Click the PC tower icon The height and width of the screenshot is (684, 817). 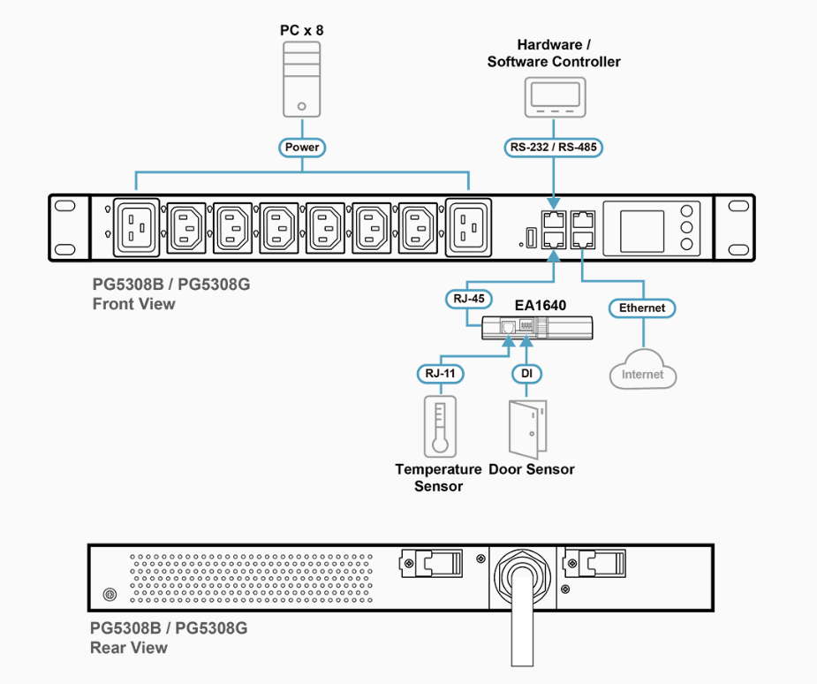[302, 80]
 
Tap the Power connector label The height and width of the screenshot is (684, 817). [302, 148]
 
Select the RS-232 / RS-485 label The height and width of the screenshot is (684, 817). [553, 148]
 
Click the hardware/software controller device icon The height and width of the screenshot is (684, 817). [555, 97]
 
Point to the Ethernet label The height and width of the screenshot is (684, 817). [642, 308]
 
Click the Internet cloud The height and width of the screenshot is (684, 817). [643, 369]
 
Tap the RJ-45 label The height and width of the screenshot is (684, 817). [469, 299]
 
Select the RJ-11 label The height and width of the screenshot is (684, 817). [440, 374]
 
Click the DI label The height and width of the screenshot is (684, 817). [526, 374]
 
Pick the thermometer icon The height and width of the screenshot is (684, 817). [440, 427]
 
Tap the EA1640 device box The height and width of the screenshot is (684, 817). [537, 328]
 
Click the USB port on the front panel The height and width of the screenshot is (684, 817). [531, 238]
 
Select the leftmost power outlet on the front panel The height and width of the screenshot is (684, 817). [137, 228]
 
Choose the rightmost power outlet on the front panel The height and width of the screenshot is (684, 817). [468, 228]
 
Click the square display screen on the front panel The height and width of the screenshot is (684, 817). [642, 232]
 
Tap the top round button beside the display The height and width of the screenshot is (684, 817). [687, 210]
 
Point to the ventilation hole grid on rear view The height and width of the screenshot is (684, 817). [251, 579]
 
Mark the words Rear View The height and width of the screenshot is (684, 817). [129, 648]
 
